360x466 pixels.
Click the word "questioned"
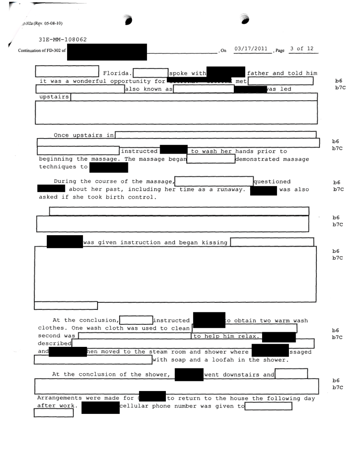[272, 181]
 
